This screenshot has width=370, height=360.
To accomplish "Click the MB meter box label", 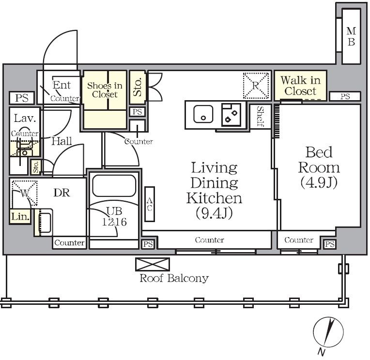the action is click(x=351, y=36).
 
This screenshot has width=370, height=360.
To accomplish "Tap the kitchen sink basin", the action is click(x=203, y=114).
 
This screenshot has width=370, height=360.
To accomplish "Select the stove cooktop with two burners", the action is click(x=231, y=115).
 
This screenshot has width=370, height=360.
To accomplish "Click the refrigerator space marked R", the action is click(x=256, y=85).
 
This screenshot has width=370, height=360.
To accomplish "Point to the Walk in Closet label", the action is click(x=300, y=86).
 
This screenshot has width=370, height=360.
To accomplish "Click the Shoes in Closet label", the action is click(x=105, y=90).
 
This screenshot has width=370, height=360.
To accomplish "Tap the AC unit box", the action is click(x=150, y=204).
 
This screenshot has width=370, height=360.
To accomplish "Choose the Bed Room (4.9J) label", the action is click(x=319, y=167).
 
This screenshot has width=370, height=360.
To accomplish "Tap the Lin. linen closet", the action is click(x=20, y=216).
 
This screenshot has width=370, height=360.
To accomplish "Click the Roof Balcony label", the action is click(x=174, y=278).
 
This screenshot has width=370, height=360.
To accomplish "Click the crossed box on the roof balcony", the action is click(x=153, y=264).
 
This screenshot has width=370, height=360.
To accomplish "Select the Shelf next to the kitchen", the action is click(x=260, y=117).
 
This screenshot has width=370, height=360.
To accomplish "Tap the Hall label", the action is click(x=62, y=141).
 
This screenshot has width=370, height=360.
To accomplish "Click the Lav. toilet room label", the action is click(x=25, y=118).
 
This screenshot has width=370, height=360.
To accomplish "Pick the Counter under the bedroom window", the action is click(x=299, y=240).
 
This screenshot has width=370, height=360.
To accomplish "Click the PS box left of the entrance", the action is click(x=22, y=98).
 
